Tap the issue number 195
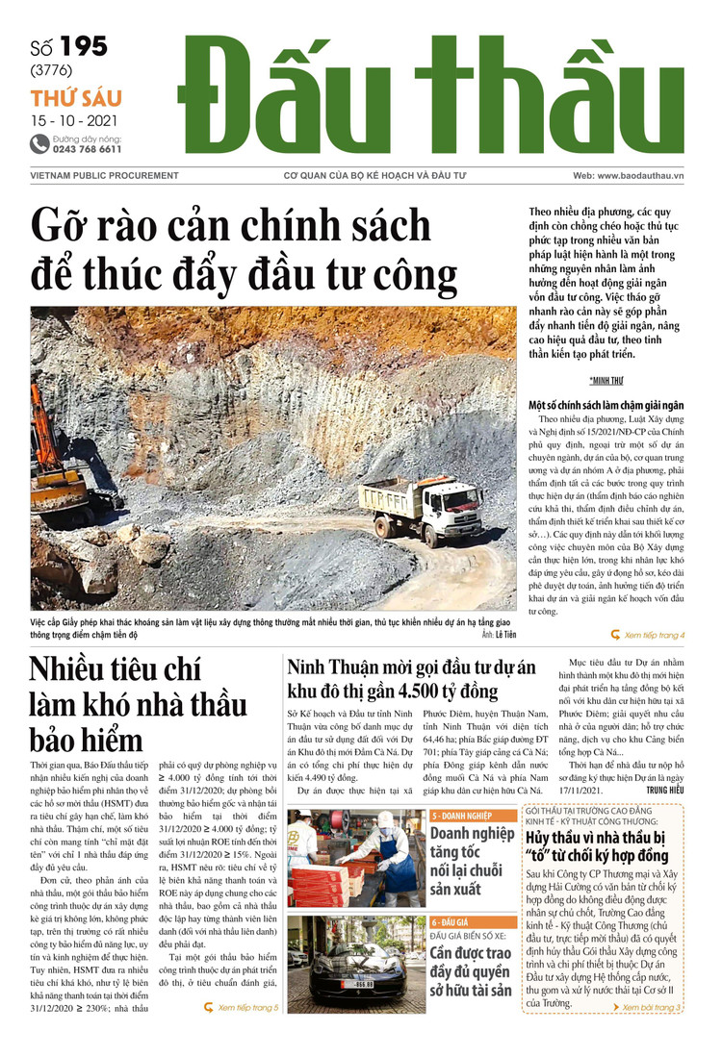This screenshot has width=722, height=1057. [83, 46]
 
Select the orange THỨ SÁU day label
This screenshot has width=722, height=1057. [75, 98]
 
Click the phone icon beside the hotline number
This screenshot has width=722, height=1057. [39, 144]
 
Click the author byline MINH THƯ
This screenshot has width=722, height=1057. [606, 381]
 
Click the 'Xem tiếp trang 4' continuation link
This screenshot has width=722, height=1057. [648, 635]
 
